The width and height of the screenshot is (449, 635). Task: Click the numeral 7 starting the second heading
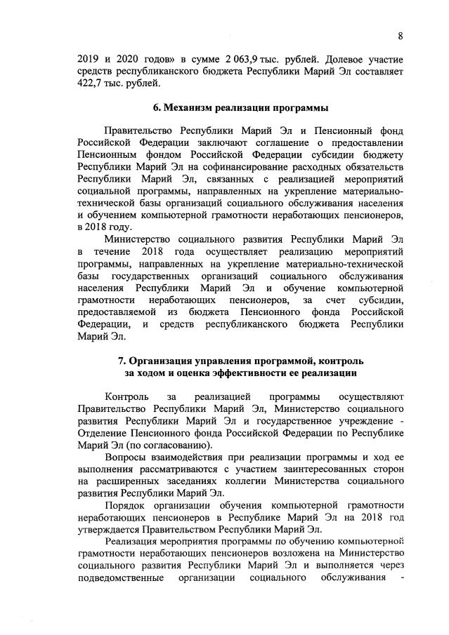click(122, 361)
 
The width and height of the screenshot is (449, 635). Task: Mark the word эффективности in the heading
click(261, 373)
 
